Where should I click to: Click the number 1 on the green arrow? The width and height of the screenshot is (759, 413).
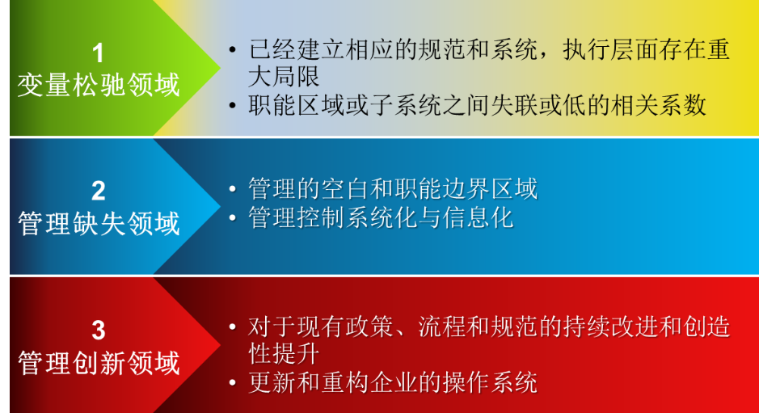point(99,53)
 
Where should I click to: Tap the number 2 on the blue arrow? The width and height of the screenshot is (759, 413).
point(99,192)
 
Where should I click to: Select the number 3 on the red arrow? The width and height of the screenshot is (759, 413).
point(99,331)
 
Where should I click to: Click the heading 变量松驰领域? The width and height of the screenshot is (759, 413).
point(99,85)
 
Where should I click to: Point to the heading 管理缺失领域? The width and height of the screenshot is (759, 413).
point(99,224)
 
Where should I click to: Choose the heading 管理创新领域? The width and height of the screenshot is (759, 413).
point(99,363)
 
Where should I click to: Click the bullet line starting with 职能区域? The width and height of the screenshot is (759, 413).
point(477,105)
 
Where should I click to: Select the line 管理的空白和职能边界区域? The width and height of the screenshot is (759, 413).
point(393,188)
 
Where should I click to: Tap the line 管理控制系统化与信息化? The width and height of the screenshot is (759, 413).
point(381,217)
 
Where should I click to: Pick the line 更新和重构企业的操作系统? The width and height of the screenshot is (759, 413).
point(393,382)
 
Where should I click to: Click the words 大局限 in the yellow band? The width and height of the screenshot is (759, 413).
point(285,77)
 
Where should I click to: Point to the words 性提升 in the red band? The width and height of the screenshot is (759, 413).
point(285,354)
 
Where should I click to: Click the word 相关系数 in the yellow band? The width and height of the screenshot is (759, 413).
point(658,105)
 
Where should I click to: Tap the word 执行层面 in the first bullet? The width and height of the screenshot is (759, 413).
point(610,49)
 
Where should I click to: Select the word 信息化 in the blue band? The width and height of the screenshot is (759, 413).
point(477,217)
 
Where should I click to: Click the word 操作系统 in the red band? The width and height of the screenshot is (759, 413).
point(489,382)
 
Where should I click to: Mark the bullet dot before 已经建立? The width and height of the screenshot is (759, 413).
point(233,50)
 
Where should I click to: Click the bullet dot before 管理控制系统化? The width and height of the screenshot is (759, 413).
point(233,218)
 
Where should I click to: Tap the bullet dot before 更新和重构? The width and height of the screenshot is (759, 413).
point(233,383)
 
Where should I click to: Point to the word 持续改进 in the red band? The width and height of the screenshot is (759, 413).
point(610,327)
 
